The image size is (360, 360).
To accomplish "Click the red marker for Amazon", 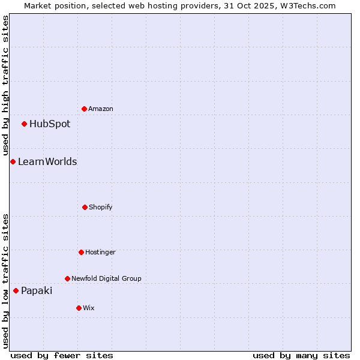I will pos(84,109).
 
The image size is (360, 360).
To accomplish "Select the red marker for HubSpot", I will pos(24,124).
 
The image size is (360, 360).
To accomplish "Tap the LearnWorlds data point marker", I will pos(13,161).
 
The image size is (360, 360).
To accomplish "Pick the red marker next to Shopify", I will pos(85,207).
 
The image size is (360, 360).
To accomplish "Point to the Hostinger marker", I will pos(81,252).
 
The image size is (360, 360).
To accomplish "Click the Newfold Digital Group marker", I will pos(67,278).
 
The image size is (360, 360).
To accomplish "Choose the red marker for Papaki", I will pos(16,290).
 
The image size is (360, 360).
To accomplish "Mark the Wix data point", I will pos(79,308).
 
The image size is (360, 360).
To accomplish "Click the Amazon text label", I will pos(101,109).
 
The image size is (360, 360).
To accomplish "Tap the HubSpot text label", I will pos(50,124).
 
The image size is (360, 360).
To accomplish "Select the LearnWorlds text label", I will pos(47,162).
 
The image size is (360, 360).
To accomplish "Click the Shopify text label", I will pos(101,208).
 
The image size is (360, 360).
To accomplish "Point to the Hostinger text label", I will pos(100,253).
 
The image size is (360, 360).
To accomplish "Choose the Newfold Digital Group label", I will pos(106,279).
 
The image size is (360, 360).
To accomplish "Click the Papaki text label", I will pos(37,291).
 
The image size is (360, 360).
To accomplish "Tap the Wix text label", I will pos(89,308).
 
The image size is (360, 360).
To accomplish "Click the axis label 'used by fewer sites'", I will pos(62,356).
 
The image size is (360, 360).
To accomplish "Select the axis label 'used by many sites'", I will pos(301,356).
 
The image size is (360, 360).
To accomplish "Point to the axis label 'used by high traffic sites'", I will pos(5,85).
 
